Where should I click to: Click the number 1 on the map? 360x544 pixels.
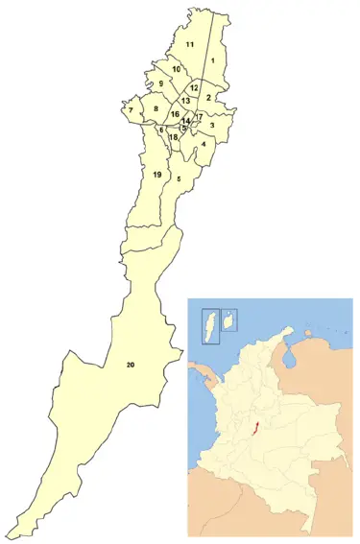point(211,60)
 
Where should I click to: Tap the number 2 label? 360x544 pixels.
point(208,97)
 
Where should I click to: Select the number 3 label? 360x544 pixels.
point(211,126)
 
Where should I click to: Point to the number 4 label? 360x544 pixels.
point(204,144)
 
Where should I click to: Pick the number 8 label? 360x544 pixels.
point(156,110)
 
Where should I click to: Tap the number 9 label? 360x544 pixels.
point(161,84)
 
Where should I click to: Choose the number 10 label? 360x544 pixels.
point(177,69)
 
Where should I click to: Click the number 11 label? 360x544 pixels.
point(190,45)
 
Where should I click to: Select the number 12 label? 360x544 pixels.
point(193,87)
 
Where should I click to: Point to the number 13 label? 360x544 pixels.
point(185,101)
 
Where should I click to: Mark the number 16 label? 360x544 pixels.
point(175,114)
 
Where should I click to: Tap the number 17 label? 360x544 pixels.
point(199,117)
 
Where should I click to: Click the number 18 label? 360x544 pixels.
point(173,137)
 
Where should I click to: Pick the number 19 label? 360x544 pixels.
point(156,174)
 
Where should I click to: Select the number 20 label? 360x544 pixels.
point(130,366)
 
